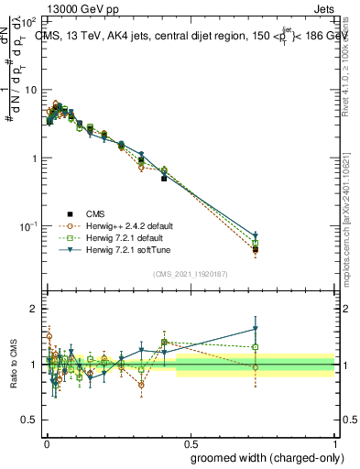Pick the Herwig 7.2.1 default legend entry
[x=134, y=238]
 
